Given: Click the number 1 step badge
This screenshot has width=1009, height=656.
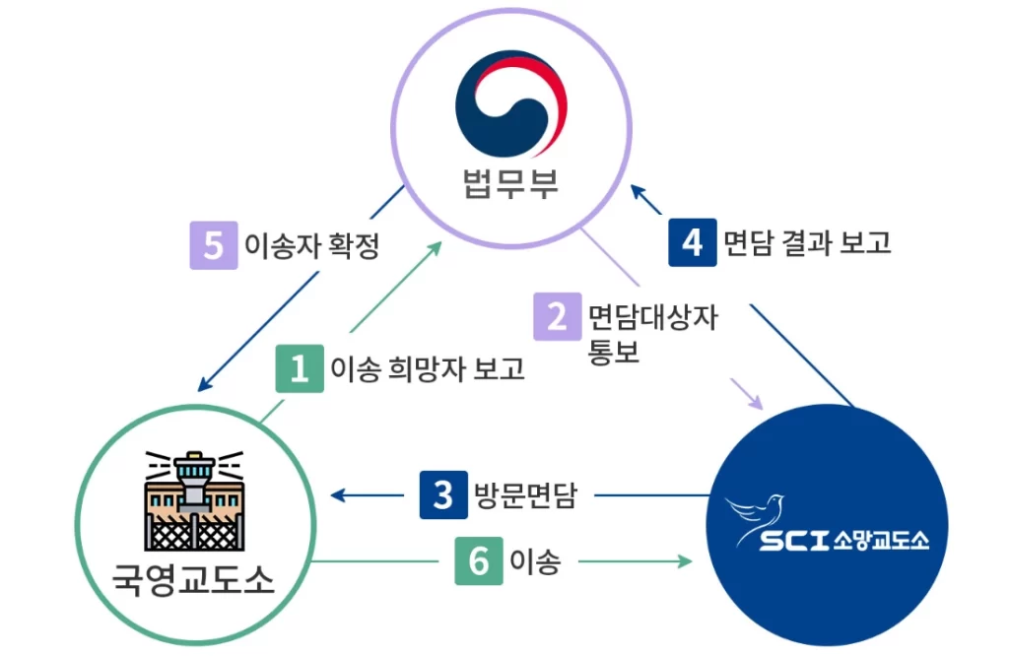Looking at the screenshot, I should click(x=300, y=368).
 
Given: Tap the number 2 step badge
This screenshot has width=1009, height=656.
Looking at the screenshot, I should click(x=558, y=317).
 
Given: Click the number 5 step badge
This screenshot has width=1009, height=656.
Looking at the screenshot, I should click(x=214, y=245).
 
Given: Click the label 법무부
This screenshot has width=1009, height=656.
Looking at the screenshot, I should click(x=510, y=182).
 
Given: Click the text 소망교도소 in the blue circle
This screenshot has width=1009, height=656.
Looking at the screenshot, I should click(x=882, y=541).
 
